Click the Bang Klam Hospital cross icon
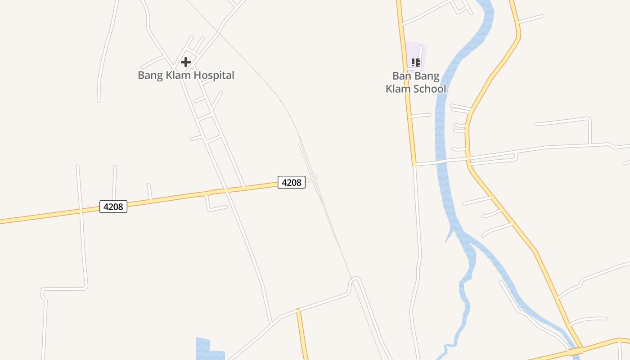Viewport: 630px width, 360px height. click(186, 62)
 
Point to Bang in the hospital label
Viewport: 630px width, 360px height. click(150, 75)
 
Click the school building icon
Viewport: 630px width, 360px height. click(416, 63)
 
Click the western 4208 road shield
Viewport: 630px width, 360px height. click(113, 207)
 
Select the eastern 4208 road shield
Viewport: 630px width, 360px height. click(292, 182)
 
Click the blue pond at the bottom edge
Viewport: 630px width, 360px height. click(207, 349)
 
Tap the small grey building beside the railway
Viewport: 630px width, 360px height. click(316, 176)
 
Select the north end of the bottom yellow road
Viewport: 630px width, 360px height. click(298, 310)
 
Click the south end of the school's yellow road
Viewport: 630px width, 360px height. click(414, 164)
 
